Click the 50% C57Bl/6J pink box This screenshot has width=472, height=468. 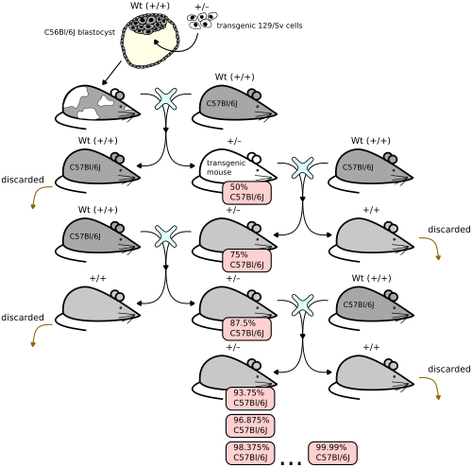click(x=246, y=193)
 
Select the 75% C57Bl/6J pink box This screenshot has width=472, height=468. click(x=246, y=260)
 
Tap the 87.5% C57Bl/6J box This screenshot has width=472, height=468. click(x=246, y=329)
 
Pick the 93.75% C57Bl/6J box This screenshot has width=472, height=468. click(x=250, y=399)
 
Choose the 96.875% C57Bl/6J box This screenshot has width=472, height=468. click(x=250, y=425)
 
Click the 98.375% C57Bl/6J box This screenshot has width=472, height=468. click(x=250, y=453)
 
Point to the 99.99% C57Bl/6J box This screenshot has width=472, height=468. click(x=332, y=453)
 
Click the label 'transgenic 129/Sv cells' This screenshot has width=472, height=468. click(x=260, y=26)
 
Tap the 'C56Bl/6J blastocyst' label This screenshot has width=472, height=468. click(x=79, y=32)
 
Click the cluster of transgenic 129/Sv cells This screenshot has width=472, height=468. click(x=202, y=21)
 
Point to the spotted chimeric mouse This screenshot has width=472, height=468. click(x=97, y=107)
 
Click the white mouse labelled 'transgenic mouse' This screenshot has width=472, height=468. click(x=234, y=170)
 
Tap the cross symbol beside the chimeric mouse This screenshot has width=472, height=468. click(x=166, y=99)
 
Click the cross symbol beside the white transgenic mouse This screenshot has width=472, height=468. click(x=302, y=168)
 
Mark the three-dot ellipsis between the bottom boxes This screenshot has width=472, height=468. click(x=291, y=462)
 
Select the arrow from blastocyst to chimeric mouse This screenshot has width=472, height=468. click(x=111, y=73)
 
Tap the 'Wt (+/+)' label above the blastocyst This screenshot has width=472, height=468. click(x=150, y=6)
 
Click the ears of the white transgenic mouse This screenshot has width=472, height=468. click(x=254, y=158)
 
